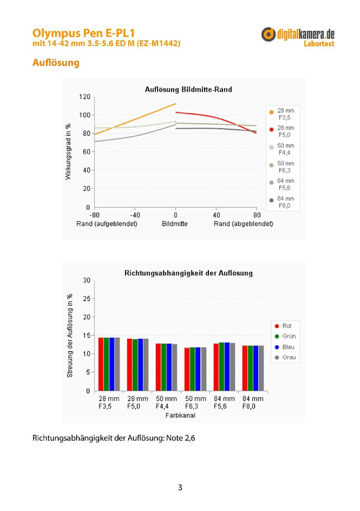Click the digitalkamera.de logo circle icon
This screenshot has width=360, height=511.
click(268, 34)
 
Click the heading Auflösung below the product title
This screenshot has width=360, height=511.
click(56, 62)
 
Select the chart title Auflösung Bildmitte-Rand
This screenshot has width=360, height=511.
click(188, 89)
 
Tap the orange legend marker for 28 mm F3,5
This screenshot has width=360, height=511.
click(271, 112)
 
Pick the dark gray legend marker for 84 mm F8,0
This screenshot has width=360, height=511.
click(271, 200)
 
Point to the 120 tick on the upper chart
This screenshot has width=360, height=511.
click(84, 97)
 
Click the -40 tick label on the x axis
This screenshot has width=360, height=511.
click(135, 215)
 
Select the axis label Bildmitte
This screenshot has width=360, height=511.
click(175, 224)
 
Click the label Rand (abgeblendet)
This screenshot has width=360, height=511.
click(243, 224)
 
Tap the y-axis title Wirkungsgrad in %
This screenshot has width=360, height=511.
click(68, 152)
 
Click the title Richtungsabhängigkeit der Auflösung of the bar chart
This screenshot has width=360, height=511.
click(188, 273)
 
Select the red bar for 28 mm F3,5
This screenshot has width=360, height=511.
click(101, 364)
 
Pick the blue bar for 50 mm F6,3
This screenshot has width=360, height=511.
click(198, 369)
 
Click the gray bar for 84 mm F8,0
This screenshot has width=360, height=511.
click(261, 368)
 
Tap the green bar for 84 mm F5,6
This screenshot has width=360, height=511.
click(222, 367)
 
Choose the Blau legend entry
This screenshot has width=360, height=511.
click(284, 347)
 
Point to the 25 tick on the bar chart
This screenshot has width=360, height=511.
click(87, 299)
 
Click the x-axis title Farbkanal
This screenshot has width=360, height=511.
click(181, 416)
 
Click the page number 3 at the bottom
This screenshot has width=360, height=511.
click(180, 487)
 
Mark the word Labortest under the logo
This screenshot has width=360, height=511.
click(319, 44)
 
